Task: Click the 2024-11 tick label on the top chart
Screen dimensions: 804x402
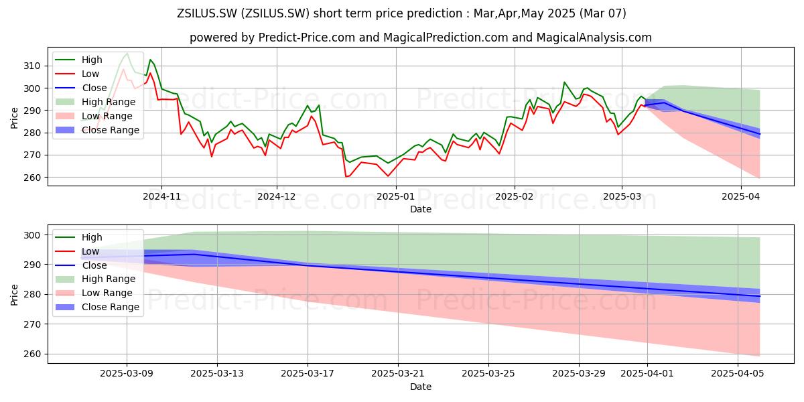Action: (161, 196)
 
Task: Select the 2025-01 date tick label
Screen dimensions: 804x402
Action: (396, 196)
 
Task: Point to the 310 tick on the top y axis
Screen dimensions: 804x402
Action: (32, 66)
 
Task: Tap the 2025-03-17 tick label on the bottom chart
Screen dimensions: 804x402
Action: (308, 374)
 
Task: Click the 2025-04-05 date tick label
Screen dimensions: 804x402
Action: (738, 374)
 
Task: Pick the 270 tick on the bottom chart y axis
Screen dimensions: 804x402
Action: (32, 324)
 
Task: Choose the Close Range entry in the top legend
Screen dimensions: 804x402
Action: (97, 130)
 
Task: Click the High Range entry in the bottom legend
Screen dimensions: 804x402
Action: (95, 279)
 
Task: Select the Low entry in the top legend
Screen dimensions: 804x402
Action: (77, 74)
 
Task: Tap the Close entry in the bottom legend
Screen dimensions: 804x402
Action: (81, 265)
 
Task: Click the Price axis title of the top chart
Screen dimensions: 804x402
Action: (14, 118)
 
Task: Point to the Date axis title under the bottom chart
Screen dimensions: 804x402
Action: (421, 387)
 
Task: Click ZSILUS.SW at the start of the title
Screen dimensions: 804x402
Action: (207, 13)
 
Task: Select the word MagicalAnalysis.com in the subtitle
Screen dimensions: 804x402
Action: (594, 38)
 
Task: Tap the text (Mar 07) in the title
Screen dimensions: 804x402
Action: (602, 13)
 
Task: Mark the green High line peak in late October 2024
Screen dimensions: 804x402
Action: (127, 54)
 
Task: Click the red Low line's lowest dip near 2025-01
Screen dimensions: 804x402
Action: (388, 176)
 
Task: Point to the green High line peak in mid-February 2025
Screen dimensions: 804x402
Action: (564, 82)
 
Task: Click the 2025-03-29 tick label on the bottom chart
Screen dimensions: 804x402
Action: (579, 374)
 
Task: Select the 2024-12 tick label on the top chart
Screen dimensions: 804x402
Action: (277, 196)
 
